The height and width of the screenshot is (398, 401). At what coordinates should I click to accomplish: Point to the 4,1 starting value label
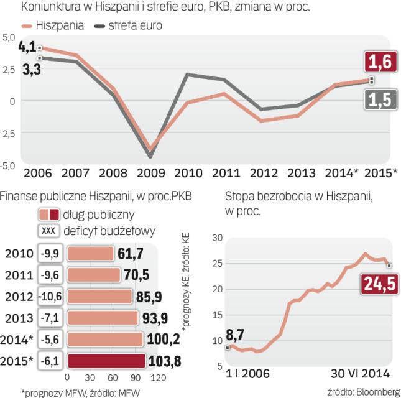(x=27, y=47)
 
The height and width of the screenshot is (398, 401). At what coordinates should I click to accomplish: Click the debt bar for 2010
(x=90, y=254)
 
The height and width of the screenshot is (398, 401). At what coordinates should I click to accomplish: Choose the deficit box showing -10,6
(x=49, y=296)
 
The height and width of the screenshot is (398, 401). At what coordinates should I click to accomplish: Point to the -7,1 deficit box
(x=49, y=317)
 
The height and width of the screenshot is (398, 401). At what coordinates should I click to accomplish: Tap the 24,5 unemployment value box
(x=373, y=285)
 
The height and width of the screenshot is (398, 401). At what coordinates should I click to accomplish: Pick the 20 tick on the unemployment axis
(x=218, y=289)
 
